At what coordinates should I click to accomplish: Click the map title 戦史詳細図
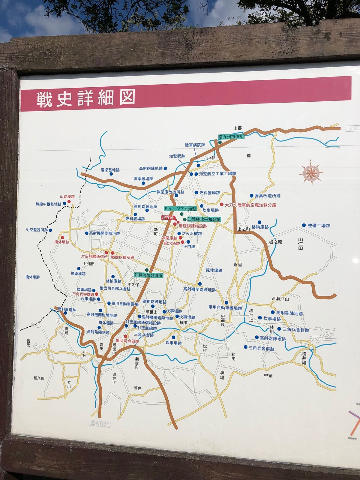coord(85,98)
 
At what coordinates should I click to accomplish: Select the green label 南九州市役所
coord(231,136)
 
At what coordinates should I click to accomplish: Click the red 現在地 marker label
coord(168,217)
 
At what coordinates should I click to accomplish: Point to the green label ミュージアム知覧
coord(180,208)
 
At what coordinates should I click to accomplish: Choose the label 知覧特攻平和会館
coord(204,220)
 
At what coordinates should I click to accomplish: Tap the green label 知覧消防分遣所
coord(148,275)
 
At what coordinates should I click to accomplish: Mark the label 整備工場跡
coord(319,226)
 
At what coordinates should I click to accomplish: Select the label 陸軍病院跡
coord(195,145)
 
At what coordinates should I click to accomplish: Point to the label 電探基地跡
coord(110,170)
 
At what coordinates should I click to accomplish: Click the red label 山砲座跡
coord(67,196)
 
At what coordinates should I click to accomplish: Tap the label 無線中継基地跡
coord(48,204)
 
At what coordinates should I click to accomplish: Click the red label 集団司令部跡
coord(127,341)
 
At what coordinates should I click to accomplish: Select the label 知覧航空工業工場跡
coord(217,174)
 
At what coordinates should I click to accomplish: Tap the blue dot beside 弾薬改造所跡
coord(252,196)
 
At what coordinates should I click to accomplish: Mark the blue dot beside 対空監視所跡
coord(50,230)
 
